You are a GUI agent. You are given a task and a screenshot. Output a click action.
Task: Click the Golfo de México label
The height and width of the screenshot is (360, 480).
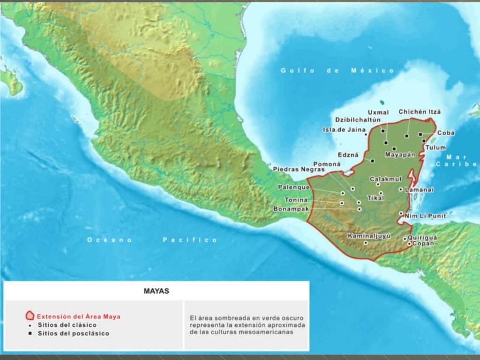[337, 71]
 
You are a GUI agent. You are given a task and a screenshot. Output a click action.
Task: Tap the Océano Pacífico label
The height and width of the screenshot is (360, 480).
[152, 240]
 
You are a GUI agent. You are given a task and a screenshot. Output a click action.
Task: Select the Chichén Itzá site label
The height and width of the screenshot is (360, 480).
[420, 112]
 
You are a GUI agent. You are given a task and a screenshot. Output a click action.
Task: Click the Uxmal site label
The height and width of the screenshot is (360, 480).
[378, 112]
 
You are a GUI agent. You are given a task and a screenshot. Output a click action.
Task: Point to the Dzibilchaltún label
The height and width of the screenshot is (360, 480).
[359, 120]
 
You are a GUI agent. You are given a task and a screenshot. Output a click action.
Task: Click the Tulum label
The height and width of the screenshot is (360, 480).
[435, 148]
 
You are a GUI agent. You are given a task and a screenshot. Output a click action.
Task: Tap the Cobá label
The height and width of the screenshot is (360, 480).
[446, 133]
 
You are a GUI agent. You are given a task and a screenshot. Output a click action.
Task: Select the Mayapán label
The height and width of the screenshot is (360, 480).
[400, 155]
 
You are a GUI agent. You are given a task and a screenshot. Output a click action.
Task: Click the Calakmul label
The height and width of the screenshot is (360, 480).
[386, 179]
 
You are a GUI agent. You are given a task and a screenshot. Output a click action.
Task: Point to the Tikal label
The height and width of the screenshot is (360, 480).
[375, 198]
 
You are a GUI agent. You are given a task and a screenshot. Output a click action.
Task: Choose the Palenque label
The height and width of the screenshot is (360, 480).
[294, 187]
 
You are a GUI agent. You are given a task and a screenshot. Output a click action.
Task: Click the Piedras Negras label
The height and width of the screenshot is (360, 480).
[299, 169]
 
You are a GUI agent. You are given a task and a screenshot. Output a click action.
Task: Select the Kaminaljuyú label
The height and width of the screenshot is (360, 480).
[369, 236]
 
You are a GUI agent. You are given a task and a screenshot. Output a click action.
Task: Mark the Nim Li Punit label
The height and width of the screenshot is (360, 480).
[426, 216]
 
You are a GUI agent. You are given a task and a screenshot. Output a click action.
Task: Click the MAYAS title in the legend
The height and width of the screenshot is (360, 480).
[156, 291]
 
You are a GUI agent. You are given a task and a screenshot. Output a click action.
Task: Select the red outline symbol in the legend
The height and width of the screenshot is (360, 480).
[30, 315]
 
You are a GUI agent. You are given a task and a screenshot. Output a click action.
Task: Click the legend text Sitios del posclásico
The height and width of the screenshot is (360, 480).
[73, 334]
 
